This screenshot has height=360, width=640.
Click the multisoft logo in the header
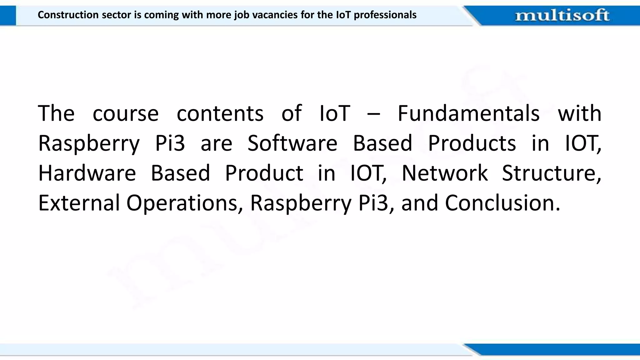(562, 15)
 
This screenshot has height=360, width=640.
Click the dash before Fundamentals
(373, 114)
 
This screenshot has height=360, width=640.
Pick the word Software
(292, 143)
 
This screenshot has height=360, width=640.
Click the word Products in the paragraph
(472, 143)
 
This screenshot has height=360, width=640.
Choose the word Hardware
(87, 173)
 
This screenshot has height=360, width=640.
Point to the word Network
(444, 173)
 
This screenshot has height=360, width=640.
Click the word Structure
(551, 173)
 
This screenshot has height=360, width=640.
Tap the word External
(79, 203)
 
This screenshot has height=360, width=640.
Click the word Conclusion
(502, 203)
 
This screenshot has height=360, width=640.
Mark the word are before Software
(216, 144)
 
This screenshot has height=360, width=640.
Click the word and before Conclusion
(420, 203)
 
